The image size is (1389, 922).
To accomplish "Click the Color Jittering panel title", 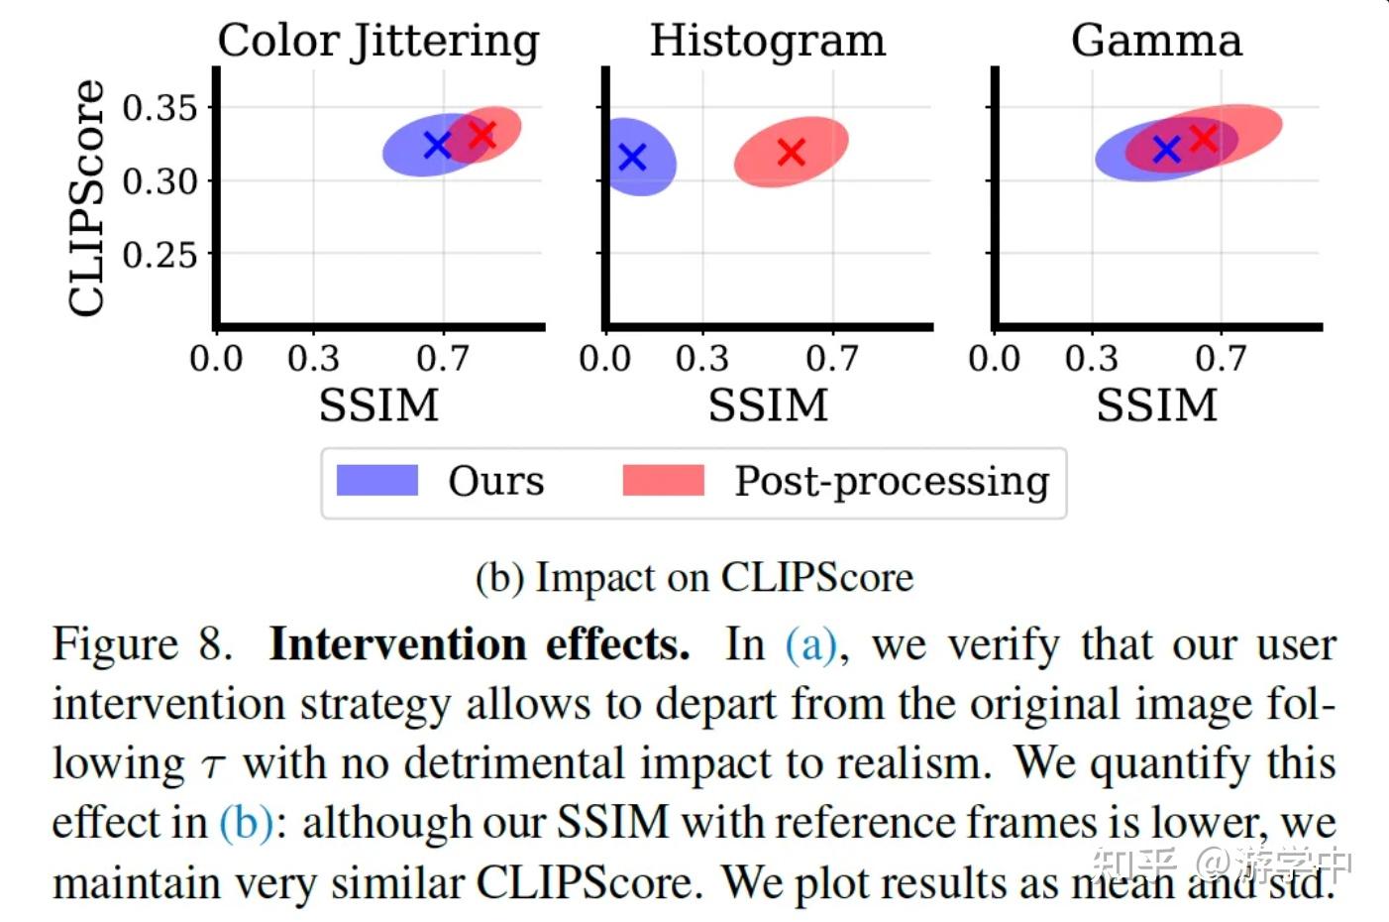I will click(x=378, y=42).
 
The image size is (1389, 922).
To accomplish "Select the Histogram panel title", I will click(x=767, y=42).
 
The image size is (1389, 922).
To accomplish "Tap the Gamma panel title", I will click(x=1156, y=42).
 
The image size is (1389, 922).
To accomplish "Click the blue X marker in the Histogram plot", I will click(x=632, y=157).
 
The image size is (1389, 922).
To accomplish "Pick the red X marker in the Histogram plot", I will click(x=791, y=152).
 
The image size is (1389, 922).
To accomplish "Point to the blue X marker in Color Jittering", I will click(x=437, y=145).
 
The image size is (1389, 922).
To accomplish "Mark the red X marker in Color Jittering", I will click(x=482, y=134).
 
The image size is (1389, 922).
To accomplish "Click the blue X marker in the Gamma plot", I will click(x=1167, y=150).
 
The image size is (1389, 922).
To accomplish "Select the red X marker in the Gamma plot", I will click(x=1203, y=138).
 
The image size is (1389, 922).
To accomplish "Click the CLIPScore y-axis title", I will click(x=87, y=198).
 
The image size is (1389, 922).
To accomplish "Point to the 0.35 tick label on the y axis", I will click(x=160, y=107).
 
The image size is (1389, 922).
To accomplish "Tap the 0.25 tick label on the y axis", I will click(x=160, y=255).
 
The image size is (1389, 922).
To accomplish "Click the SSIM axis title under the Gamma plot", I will click(x=1156, y=405).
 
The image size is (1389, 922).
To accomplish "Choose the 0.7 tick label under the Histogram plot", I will click(x=831, y=358).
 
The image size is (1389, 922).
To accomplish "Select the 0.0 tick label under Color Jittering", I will click(x=216, y=358).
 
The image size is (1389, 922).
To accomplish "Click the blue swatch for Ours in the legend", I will click(x=377, y=481).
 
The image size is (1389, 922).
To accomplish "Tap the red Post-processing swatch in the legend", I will click(x=663, y=481).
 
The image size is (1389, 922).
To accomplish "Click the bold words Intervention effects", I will click(x=480, y=644).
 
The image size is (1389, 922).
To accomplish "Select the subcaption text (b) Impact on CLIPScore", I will click(x=694, y=578).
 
